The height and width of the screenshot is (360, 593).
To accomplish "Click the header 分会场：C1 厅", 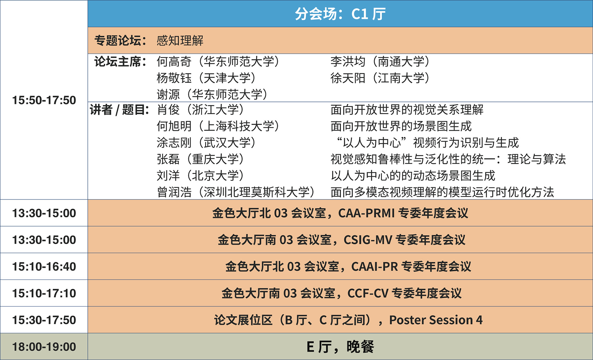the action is pos(340,14).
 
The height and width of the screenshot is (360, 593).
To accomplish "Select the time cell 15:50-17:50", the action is pos(44,100).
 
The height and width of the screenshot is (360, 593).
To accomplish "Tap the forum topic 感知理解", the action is pos(180,41).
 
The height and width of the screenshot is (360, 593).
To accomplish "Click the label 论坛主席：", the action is pos(121,62).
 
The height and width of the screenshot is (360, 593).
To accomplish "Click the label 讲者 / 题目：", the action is pos(120,110).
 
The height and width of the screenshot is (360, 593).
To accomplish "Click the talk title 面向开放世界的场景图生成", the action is pos(401,126).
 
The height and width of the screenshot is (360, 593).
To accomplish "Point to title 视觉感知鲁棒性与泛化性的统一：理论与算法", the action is pos(448,159).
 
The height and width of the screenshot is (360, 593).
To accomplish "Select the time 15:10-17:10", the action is pos(44,293).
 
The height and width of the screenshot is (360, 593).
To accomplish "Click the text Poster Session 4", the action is pos(436,320).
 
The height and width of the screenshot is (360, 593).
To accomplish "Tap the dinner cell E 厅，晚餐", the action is pos(340,347).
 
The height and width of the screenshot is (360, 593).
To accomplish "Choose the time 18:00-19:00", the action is pos(44,347).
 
